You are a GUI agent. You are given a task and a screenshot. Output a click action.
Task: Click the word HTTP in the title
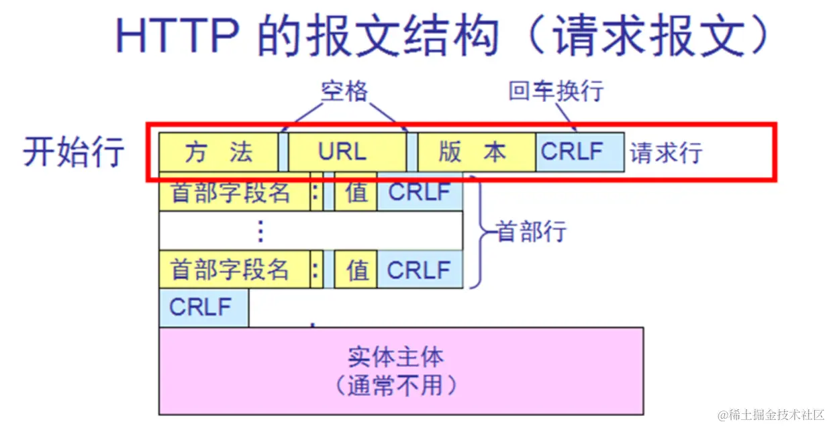click(176, 35)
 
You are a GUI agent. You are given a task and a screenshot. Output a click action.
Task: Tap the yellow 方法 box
click(218, 152)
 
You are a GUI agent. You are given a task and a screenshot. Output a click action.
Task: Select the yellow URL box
click(347, 152)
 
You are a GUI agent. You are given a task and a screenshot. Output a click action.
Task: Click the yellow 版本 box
click(476, 152)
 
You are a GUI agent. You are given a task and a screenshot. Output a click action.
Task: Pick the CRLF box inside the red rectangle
click(579, 152)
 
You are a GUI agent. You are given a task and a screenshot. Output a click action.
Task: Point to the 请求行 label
click(665, 154)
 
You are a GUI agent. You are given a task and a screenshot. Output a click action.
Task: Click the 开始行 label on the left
click(74, 152)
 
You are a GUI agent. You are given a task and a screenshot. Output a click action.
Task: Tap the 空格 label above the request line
click(344, 91)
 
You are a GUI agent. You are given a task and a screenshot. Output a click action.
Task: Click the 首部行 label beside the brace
click(532, 232)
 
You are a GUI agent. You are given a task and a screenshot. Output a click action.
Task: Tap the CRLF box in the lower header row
click(420, 270)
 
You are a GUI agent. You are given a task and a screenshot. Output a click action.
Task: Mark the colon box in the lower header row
click(315, 270)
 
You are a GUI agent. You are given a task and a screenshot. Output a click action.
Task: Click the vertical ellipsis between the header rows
click(260, 231)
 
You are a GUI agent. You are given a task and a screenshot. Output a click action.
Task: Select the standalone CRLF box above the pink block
click(203, 308)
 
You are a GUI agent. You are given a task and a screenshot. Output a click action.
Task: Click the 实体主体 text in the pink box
click(396, 357)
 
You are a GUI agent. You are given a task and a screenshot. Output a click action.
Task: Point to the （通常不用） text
click(396, 386)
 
